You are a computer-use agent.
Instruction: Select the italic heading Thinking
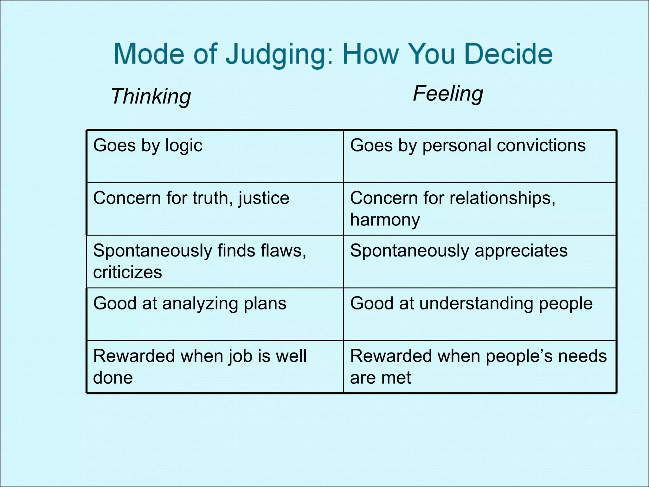(x=151, y=96)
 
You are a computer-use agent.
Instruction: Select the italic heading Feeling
(x=448, y=94)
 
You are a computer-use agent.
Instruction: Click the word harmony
(x=385, y=219)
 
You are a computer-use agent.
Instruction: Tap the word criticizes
(x=127, y=272)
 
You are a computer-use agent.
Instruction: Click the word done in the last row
(x=113, y=377)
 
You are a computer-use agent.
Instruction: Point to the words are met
(x=380, y=377)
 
